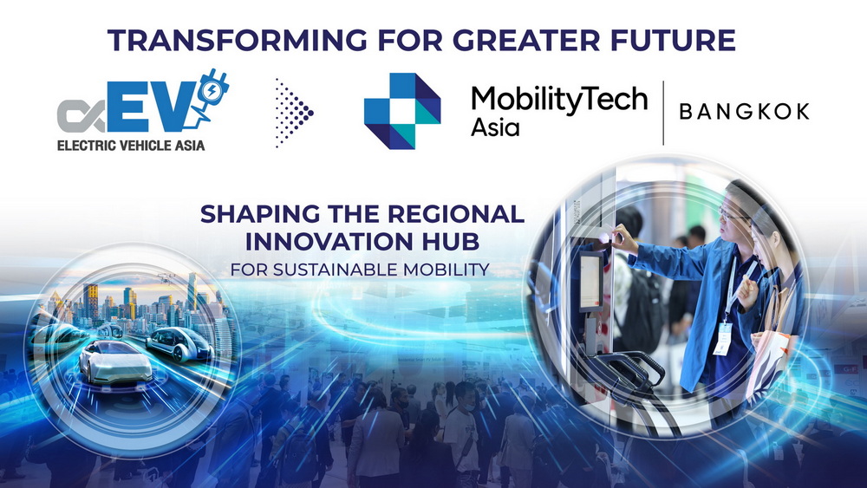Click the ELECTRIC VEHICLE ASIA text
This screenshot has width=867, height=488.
tap(131, 146)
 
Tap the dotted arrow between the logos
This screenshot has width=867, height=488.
tap(294, 113)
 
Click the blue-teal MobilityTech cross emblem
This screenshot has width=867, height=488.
tap(401, 111)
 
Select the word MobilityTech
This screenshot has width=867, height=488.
tap(559, 100)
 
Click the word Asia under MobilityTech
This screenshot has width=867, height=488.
tap(495, 128)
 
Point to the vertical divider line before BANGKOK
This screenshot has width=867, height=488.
tap(663, 113)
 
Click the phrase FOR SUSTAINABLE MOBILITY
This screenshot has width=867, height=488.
tap(360, 269)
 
